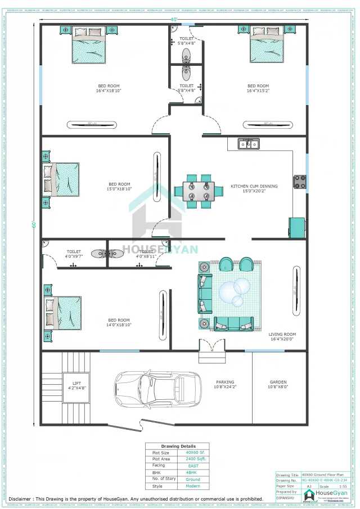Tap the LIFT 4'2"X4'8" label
tap(73, 386)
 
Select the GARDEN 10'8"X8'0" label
tap(278, 385)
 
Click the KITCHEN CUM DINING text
tap(254, 187)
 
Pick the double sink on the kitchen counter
tap(247, 144)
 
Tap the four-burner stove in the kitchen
tap(299, 182)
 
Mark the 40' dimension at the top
tap(174, 20)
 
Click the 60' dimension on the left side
tap(34, 224)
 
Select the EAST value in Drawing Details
tap(192, 466)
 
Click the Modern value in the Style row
tap(193, 487)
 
